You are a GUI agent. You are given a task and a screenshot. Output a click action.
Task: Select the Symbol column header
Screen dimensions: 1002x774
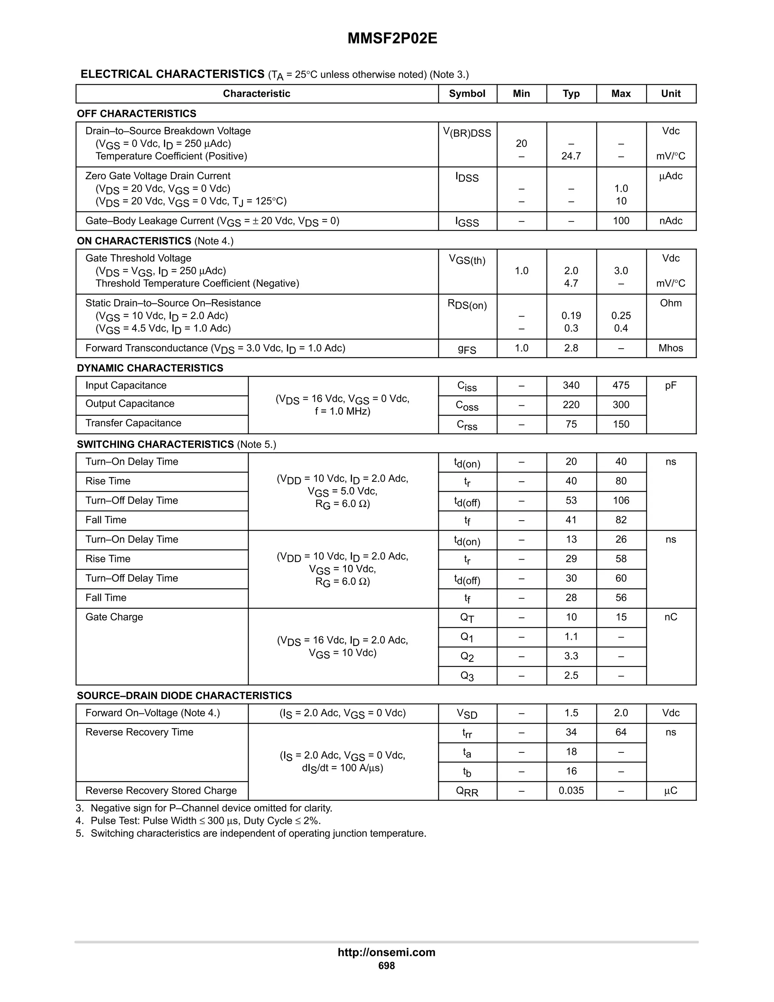467,94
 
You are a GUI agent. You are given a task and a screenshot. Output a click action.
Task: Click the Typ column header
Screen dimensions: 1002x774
571,94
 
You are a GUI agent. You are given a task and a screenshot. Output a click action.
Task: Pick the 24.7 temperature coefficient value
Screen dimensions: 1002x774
571,156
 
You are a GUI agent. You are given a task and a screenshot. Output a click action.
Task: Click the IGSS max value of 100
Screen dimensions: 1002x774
621,221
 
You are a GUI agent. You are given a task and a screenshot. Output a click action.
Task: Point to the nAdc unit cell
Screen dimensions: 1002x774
670,221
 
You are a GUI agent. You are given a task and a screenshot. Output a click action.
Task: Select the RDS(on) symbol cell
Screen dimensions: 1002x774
467,305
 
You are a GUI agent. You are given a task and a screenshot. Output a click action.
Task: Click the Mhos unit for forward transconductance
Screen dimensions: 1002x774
670,348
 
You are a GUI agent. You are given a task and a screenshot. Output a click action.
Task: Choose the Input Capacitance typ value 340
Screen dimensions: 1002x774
571,385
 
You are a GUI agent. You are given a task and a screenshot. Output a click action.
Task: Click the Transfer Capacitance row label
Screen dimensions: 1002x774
133,423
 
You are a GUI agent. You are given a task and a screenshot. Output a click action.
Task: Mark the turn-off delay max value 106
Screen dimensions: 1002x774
621,501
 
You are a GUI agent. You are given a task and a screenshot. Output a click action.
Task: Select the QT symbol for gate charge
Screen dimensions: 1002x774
467,618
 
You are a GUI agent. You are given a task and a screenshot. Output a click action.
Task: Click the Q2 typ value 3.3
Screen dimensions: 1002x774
571,656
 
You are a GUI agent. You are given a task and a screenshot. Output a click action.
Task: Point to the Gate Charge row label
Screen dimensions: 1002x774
114,617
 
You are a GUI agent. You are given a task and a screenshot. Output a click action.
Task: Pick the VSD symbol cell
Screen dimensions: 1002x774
467,713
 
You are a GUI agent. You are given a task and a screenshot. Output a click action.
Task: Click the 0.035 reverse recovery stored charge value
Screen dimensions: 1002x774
571,791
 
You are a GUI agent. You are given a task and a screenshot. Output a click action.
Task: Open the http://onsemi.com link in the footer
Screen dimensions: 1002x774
386,952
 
